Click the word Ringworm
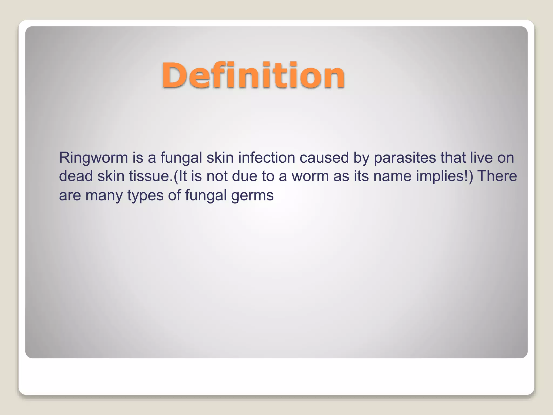[93, 158]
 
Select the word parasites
[405, 158]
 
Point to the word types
[145, 195]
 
